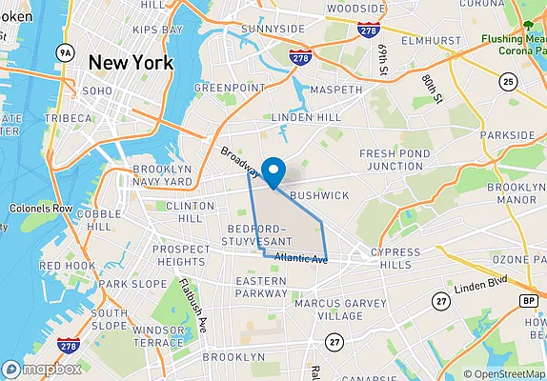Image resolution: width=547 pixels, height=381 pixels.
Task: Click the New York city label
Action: pyautogui.click(x=131, y=63)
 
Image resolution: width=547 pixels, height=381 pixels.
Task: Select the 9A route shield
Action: pyautogui.click(x=65, y=51)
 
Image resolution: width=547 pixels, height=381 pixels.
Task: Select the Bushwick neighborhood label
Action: pyautogui.click(x=319, y=195)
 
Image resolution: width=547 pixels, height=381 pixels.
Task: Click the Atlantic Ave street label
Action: pyautogui.click(x=300, y=258)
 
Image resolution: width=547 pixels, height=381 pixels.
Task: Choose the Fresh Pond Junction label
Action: pyautogui.click(x=391, y=159)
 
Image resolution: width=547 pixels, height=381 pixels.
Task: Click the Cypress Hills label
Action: pyautogui.click(x=394, y=259)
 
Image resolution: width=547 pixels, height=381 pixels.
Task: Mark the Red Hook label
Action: pyautogui.click(x=66, y=266)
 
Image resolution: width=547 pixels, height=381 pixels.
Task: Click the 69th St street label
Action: pyautogui.click(x=383, y=59)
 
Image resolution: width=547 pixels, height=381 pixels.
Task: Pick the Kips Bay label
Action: pyautogui.click(x=157, y=30)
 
